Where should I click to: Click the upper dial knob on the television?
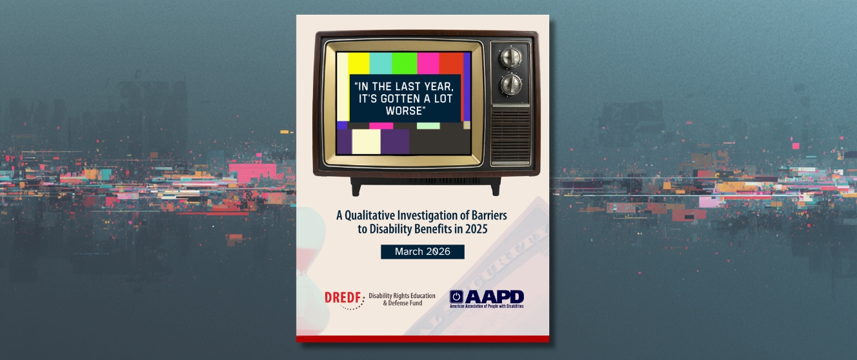coord(511,57)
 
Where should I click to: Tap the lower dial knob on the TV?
coord(511,84)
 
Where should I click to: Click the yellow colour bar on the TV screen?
coord(359,63)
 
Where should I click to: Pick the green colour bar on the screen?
coord(404,63)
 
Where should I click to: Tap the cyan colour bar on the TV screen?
coord(381,63)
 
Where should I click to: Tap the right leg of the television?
coord(495,187)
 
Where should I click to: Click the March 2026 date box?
coord(422,252)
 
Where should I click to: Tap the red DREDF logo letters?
coord(343,297)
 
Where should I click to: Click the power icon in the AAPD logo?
coord(457,297)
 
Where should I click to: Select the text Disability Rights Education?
coord(406,295)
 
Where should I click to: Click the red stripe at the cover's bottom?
coord(422,339)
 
